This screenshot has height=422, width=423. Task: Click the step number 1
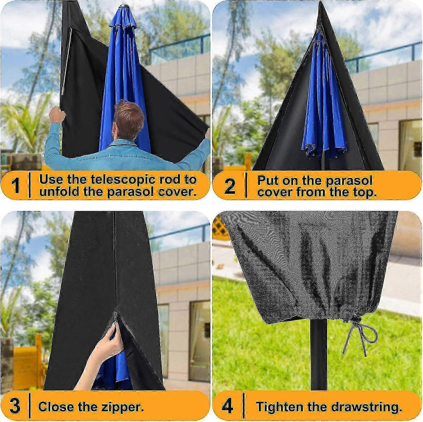point(16,185)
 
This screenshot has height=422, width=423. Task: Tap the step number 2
point(230,186)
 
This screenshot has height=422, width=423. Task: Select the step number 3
point(15,406)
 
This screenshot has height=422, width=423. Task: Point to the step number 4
point(228,406)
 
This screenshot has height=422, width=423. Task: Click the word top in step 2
point(365,192)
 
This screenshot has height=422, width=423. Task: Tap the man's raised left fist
point(57,114)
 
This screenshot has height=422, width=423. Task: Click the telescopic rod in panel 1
point(67,61)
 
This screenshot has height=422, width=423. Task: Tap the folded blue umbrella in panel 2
point(324,97)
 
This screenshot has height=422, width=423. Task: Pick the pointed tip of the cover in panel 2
point(321,2)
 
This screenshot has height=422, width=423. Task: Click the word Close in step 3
point(56,407)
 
